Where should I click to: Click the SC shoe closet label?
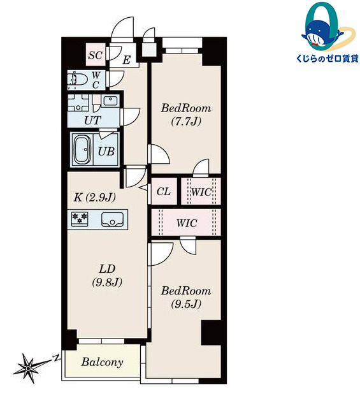click(x=96, y=55)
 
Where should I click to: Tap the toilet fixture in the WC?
click(x=73, y=79)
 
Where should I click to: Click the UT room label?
click(x=92, y=120)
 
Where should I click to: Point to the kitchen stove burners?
click(x=80, y=218)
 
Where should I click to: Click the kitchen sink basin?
click(x=112, y=219)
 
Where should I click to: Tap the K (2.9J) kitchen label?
click(x=94, y=197)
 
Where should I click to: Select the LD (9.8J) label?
click(x=107, y=275)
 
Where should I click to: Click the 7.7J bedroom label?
click(x=186, y=115)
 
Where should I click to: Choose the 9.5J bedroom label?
click(x=186, y=297)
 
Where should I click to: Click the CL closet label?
click(x=163, y=191)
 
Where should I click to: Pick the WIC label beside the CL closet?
click(x=201, y=192)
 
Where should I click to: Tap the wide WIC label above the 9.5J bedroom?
click(x=187, y=223)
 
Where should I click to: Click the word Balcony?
click(x=103, y=362)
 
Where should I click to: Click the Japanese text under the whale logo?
click(x=328, y=59)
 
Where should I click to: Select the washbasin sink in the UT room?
click(x=110, y=101)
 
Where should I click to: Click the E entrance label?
click(x=127, y=60)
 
